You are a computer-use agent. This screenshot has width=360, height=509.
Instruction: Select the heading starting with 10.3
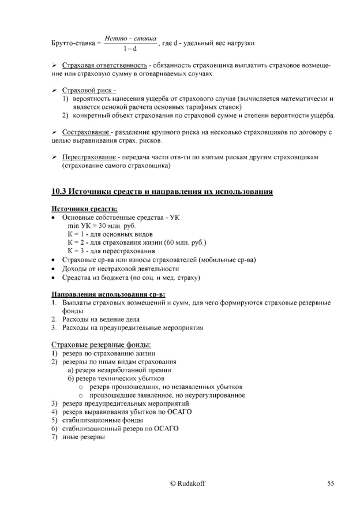coord(162,191)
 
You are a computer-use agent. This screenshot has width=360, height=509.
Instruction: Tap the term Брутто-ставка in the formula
coord(72,43)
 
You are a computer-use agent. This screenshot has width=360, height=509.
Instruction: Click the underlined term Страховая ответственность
coord(104,68)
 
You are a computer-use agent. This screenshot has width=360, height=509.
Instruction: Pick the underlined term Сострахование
coord(87,133)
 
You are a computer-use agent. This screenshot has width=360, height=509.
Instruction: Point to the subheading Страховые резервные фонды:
coord(101,345)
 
